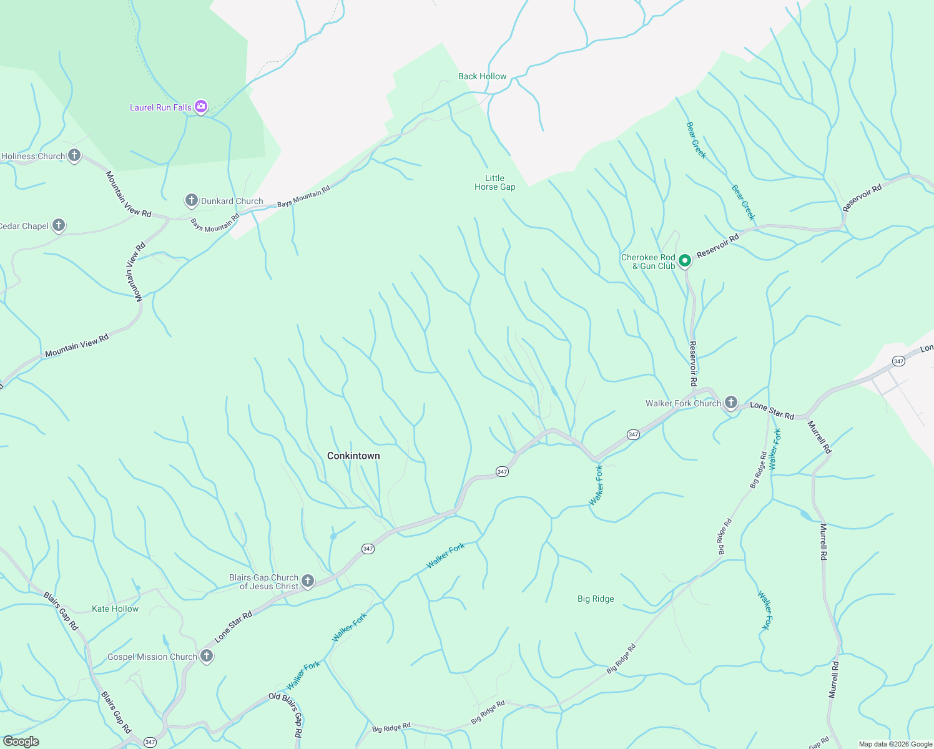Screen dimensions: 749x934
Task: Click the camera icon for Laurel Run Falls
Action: pos(200,107)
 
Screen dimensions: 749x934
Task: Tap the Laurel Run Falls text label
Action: pos(160,107)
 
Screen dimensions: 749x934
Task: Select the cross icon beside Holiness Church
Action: pos(74,155)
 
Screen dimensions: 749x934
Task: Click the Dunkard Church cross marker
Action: pos(191,200)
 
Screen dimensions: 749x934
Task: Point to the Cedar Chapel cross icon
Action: pos(59,225)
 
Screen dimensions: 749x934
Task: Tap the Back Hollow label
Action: pos(482,76)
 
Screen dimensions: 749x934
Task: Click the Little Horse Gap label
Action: pos(494,182)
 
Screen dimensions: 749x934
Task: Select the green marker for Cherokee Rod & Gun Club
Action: pos(684,261)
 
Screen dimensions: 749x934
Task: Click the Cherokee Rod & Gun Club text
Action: pos(648,262)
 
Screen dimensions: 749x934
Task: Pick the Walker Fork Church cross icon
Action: pos(730,403)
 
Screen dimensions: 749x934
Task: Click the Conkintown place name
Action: pos(353,456)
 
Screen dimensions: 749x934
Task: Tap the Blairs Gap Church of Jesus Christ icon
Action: pos(307,581)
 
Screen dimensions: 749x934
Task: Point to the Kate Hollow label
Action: pos(115,609)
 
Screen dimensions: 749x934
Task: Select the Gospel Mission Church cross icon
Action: pos(207,656)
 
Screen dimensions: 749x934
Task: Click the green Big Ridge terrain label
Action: pos(596,599)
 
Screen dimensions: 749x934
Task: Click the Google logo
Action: pos(21,742)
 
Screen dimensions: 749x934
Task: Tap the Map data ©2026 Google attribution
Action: pos(895,744)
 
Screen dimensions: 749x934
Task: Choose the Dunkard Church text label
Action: pos(232,201)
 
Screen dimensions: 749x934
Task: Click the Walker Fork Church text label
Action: pos(683,403)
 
